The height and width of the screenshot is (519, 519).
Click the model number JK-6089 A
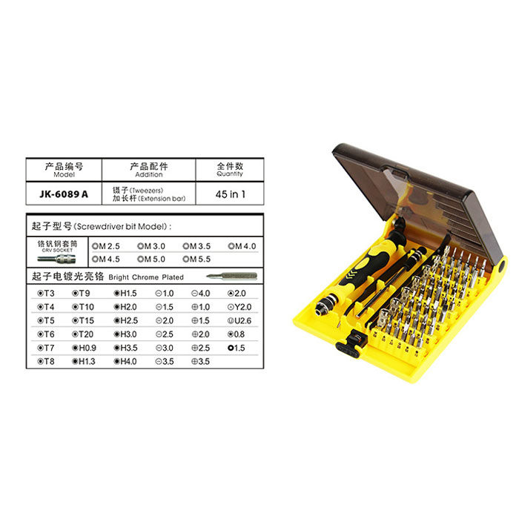click(x=63, y=194)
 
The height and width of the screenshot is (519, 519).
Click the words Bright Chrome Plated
click(x=146, y=277)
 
